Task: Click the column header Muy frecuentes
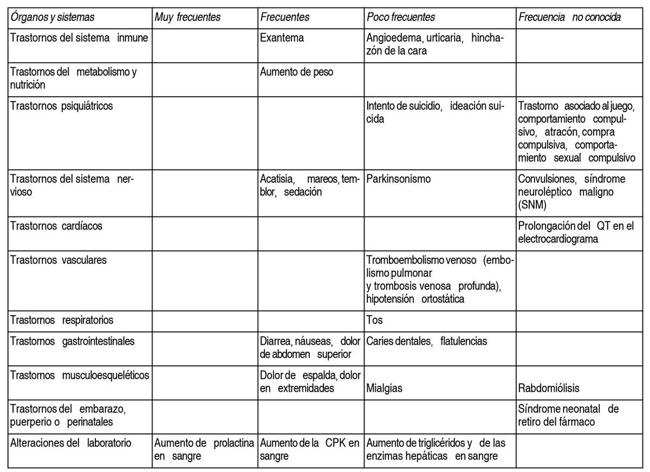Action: pyautogui.click(x=187, y=17)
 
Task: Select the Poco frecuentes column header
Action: pyautogui.click(x=401, y=17)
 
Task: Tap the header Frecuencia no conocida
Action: pyautogui.click(x=570, y=17)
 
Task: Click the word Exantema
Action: pyautogui.click(x=282, y=38)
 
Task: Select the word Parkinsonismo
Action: pyautogui.click(x=399, y=179)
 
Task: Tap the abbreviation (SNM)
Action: pyautogui.click(x=533, y=205)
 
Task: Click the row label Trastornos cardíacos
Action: pyautogui.click(x=56, y=226)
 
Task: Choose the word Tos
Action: pyautogui.click(x=374, y=320)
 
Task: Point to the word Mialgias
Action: pyautogui.click(x=384, y=388)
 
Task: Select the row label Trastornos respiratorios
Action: pyautogui.click(x=62, y=320)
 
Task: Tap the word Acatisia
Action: pyautogui.click(x=277, y=179)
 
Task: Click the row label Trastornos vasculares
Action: pyautogui.click(x=58, y=260)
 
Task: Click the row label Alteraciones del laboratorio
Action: pyautogui.click(x=71, y=443)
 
